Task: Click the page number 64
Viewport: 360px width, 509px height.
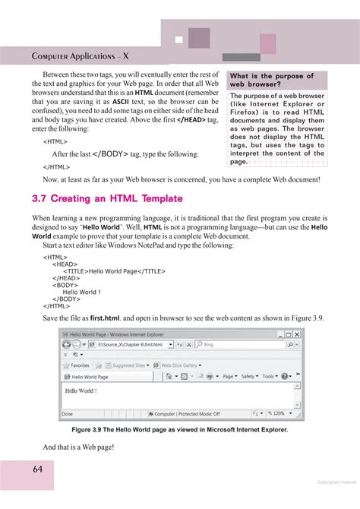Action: click(37, 469)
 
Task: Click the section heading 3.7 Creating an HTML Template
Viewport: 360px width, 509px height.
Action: click(107, 199)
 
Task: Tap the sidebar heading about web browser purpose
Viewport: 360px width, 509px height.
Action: click(271, 81)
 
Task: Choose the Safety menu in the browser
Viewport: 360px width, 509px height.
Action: click(248, 376)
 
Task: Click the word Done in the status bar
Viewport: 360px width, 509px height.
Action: click(68, 414)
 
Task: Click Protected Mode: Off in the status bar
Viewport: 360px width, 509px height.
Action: click(188, 414)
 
